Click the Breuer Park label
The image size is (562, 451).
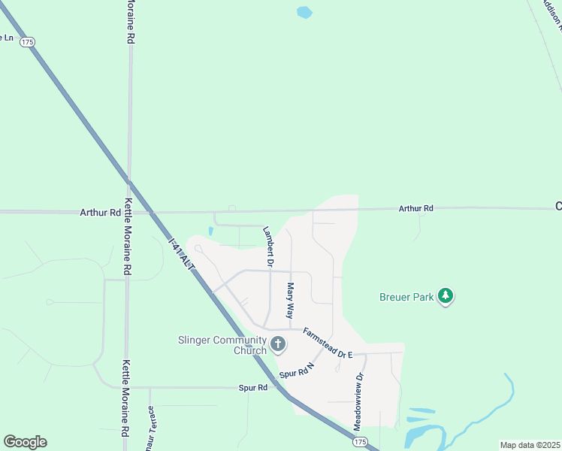[x=406, y=298]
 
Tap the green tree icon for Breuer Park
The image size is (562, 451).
[x=446, y=296]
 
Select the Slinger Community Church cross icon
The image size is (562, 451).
[x=278, y=345]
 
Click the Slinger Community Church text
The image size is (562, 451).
[x=222, y=345]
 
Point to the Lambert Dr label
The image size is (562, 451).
[x=267, y=245]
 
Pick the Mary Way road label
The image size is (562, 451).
[x=289, y=301]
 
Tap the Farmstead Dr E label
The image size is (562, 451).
[x=328, y=342]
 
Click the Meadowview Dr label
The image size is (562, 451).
[x=358, y=401]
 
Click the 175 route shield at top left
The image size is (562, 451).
[x=28, y=42]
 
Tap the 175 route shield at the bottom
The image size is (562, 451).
[x=361, y=442]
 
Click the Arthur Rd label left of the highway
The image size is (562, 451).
[x=100, y=213]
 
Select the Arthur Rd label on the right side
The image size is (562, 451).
[x=415, y=208]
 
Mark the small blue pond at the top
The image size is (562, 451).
[x=304, y=12]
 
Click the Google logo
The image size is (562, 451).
[x=25, y=442]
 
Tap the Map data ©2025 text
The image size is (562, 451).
[x=530, y=445]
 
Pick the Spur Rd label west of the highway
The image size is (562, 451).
[x=252, y=388]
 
